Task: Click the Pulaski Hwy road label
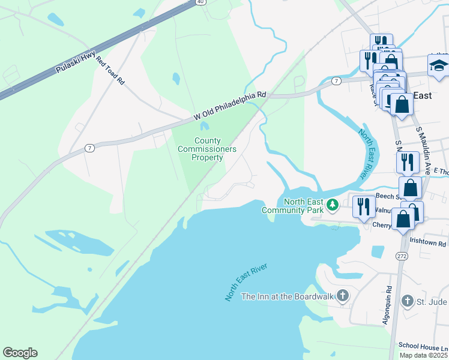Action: (76, 62)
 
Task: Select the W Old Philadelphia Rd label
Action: (229, 106)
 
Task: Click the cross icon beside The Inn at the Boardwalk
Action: (342, 296)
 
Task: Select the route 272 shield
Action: (401, 256)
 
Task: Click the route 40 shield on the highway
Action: (200, 2)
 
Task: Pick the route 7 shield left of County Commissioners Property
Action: (89, 148)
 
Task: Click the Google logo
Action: (20, 353)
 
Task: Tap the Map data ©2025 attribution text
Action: (423, 355)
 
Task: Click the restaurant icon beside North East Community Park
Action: (364, 208)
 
